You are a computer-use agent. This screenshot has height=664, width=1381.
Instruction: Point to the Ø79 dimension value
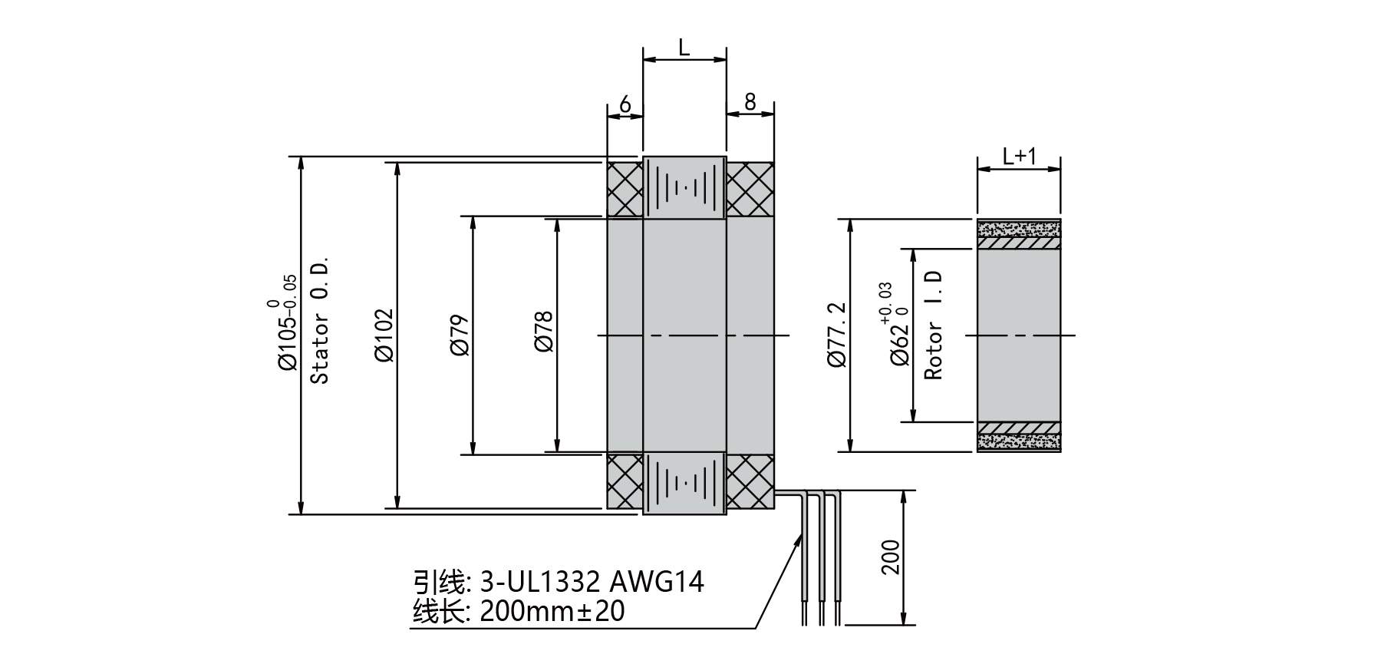[460, 335]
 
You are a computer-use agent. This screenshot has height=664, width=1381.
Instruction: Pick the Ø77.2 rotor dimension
[837, 335]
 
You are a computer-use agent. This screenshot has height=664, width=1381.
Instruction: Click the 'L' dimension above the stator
[684, 48]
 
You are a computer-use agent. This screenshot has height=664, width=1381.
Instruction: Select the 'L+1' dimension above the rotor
[1019, 157]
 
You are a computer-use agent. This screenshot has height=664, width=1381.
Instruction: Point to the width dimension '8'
[750, 102]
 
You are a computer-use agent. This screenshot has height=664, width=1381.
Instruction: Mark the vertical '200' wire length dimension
[890, 557]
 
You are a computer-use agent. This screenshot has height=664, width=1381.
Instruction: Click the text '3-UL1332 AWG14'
[592, 582]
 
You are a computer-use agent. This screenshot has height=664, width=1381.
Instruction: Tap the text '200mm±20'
[552, 612]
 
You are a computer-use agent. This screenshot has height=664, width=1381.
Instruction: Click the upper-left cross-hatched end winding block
[625, 189]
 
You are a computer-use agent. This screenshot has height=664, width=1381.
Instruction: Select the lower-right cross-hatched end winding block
[750, 481]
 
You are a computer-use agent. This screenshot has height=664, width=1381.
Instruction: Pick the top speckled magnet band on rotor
[1019, 228]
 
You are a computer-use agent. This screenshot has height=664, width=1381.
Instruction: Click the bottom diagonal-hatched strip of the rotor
[1019, 428]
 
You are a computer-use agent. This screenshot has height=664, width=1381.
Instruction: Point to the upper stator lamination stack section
[684, 188]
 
